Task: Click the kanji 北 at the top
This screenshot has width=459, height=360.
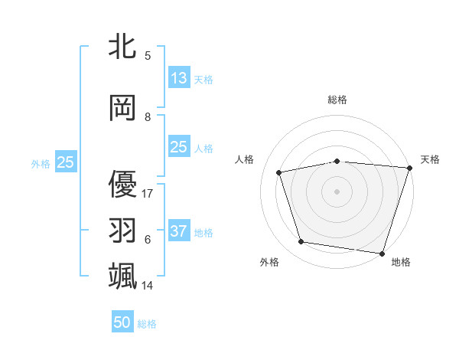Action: click(122, 46)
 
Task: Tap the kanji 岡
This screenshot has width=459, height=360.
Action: click(122, 108)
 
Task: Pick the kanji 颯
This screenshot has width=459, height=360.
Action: click(122, 276)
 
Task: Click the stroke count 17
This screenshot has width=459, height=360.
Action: click(148, 193)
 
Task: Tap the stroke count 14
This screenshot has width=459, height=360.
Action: click(148, 285)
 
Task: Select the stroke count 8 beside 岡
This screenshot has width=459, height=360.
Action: click(148, 117)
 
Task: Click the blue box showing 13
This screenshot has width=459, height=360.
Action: click(179, 78)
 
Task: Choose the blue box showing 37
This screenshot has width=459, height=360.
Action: click(179, 231)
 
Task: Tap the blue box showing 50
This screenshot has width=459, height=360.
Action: click(122, 322)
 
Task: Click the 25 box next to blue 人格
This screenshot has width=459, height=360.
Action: click(179, 147)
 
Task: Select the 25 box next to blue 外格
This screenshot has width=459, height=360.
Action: click(65, 162)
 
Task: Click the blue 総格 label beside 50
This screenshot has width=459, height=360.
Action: click(148, 324)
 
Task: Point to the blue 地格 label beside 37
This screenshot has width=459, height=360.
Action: click(203, 233)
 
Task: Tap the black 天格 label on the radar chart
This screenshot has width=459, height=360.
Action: click(430, 159)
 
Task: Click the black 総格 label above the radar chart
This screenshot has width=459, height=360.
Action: click(337, 100)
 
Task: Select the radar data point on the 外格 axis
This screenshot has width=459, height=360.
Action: click(301, 242)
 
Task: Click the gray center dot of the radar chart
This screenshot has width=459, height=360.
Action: click(337, 191)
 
